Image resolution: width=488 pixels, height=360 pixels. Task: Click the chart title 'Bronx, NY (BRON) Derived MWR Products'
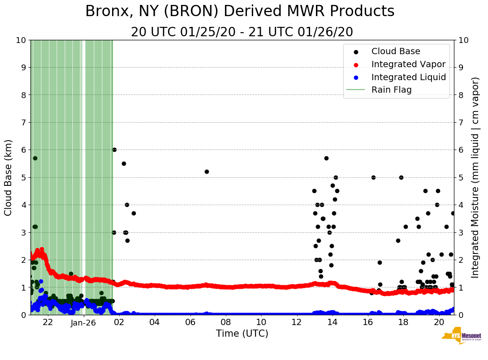click(240, 11)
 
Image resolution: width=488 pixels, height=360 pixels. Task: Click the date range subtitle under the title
click(242, 32)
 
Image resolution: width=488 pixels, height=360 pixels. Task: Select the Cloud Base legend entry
click(396, 51)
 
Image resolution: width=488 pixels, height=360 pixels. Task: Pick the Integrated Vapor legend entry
click(408, 64)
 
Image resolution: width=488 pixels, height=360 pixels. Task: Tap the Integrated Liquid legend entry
click(408, 77)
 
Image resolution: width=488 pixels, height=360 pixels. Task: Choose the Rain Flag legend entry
click(391, 90)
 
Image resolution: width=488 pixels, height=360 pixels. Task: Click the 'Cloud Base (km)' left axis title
click(9, 177)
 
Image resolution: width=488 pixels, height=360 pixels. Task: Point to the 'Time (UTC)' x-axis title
click(242, 334)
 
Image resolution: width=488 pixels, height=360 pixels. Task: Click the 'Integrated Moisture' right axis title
click(475, 177)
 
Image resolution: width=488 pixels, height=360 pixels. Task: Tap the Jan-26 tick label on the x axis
click(83, 322)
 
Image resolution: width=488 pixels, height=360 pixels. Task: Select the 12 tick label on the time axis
click(297, 322)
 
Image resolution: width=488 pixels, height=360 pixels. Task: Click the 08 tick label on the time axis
click(225, 322)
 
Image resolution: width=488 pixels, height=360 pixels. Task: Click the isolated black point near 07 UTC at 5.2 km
click(207, 171)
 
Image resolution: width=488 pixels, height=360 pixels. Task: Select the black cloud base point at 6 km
click(114, 150)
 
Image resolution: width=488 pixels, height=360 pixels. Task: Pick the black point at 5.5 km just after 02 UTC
click(124, 163)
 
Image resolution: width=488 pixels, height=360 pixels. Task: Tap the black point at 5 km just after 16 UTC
click(373, 177)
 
